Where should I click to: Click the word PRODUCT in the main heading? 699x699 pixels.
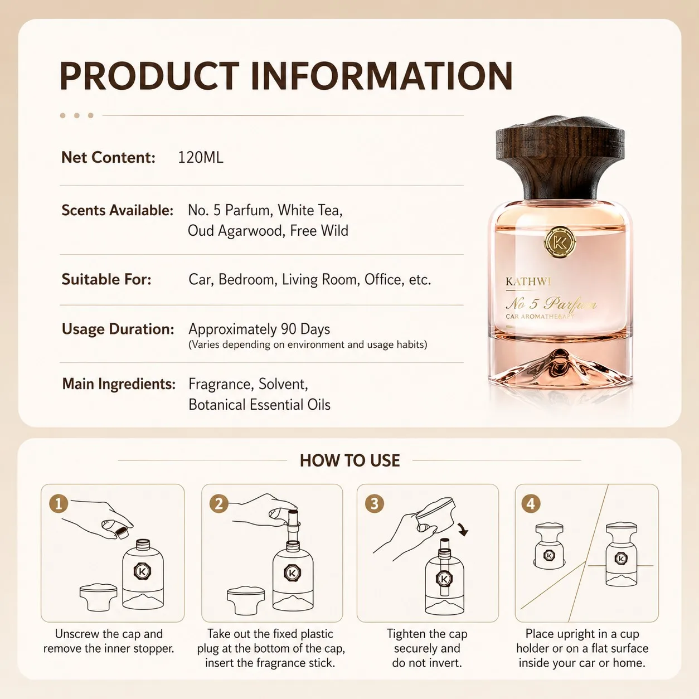point(149,76)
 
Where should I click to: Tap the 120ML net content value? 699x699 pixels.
point(201,157)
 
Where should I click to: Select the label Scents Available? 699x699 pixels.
point(118,210)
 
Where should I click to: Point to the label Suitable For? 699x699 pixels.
point(106,279)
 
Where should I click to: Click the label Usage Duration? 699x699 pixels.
point(118,329)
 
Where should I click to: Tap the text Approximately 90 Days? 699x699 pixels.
point(259,329)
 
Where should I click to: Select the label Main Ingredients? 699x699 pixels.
point(119,384)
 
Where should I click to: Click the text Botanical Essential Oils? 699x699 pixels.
point(260,405)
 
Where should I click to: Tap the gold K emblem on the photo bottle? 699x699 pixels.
point(560,242)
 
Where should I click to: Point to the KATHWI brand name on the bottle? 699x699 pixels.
point(528,281)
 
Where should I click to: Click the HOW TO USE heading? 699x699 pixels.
point(349,460)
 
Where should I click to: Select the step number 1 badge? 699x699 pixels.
point(59,504)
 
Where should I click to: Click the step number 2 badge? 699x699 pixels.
point(219,504)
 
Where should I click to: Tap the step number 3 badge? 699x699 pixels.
point(375,504)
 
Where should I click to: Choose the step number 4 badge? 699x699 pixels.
point(531,504)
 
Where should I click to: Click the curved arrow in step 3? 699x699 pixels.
point(464,529)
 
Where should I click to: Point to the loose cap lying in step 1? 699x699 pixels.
point(98,598)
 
